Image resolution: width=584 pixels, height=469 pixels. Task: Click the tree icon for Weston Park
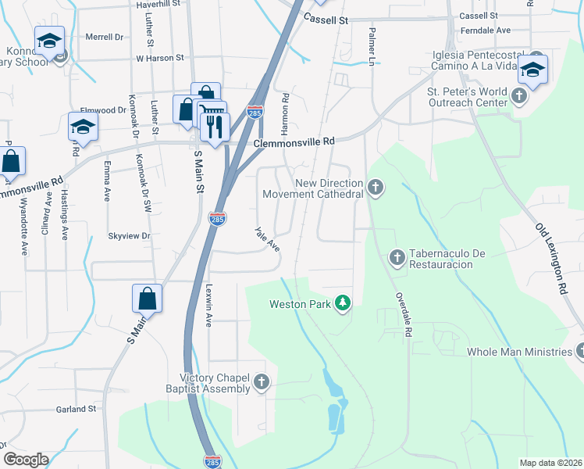point(341,303)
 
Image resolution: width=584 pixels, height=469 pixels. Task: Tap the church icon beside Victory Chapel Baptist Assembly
point(262,382)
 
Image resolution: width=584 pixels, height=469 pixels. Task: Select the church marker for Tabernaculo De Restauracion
point(397,256)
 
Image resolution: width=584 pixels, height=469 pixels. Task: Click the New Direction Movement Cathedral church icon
point(376,188)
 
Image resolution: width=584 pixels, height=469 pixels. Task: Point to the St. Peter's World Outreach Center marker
point(520,97)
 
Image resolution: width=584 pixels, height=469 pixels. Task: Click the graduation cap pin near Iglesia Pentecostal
point(532,70)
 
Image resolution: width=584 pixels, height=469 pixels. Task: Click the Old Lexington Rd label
point(550,257)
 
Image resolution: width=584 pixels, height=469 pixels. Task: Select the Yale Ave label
point(267,239)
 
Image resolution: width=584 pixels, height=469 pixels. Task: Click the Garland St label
point(76,409)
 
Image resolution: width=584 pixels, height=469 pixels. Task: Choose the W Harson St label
point(159,58)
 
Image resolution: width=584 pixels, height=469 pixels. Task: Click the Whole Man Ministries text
point(519,352)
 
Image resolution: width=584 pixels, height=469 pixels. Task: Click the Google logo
point(26,459)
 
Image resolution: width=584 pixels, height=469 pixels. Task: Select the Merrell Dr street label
point(105,37)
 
